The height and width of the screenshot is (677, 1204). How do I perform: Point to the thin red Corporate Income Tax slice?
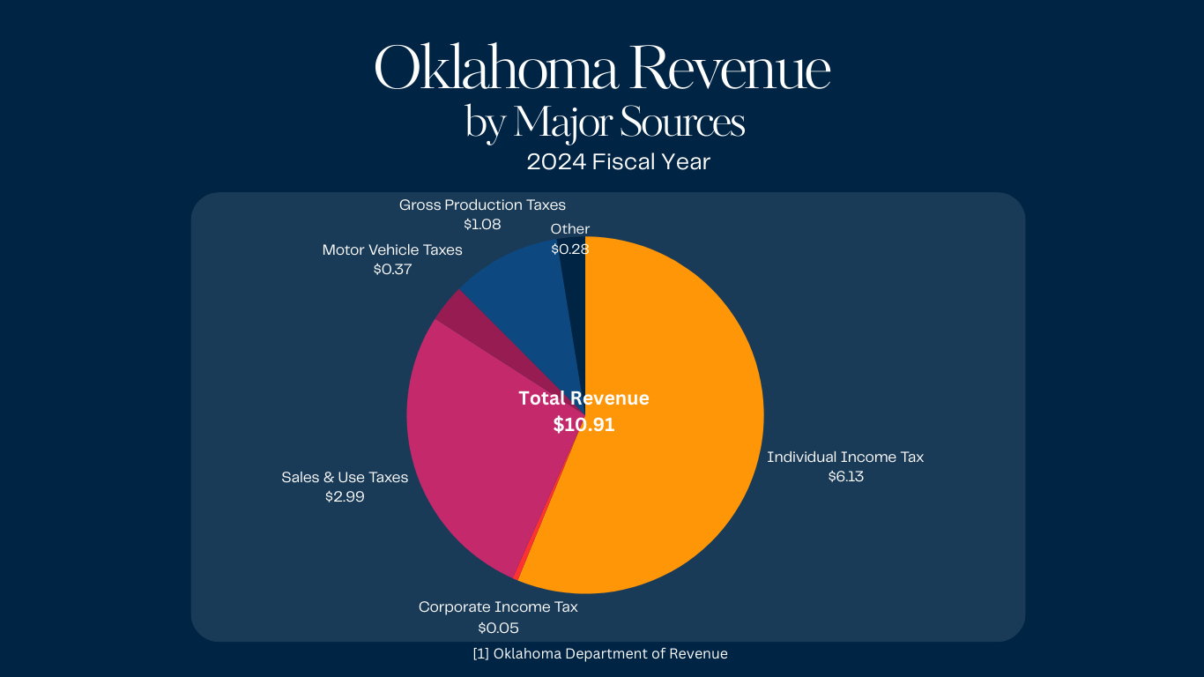[x=518, y=575]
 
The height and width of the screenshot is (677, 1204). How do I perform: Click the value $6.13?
[x=845, y=477]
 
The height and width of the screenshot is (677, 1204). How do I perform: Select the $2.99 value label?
[x=345, y=497]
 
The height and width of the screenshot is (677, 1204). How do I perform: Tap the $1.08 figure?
[x=482, y=225]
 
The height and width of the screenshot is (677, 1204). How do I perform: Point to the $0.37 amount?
[x=392, y=270]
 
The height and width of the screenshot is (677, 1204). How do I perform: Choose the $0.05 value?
[x=498, y=628]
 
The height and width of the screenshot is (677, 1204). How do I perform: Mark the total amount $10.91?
[x=583, y=425]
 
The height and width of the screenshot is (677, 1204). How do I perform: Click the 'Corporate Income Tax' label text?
[x=498, y=606]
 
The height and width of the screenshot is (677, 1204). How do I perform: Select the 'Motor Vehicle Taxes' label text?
[x=392, y=249]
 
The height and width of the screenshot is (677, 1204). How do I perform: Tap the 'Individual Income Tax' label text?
[x=845, y=457]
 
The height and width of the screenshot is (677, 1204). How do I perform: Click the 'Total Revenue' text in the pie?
[x=583, y=398]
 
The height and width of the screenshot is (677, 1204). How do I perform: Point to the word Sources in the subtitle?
[x=682, y=123]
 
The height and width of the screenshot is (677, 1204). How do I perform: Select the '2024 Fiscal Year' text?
[x=619, y=162]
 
